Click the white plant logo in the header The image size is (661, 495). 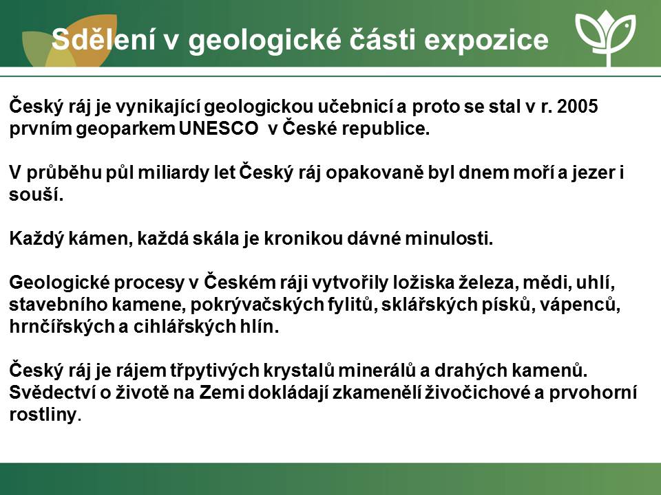click(606, 37)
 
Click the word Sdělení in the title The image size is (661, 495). click(104, 39)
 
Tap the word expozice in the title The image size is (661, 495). click(486, 41)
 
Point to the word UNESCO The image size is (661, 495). click(218, 129)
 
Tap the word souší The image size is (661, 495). click(36, 195)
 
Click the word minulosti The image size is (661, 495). click(449, 239)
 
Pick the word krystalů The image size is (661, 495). click(299, 371)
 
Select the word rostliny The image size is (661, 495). click(44, 415)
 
